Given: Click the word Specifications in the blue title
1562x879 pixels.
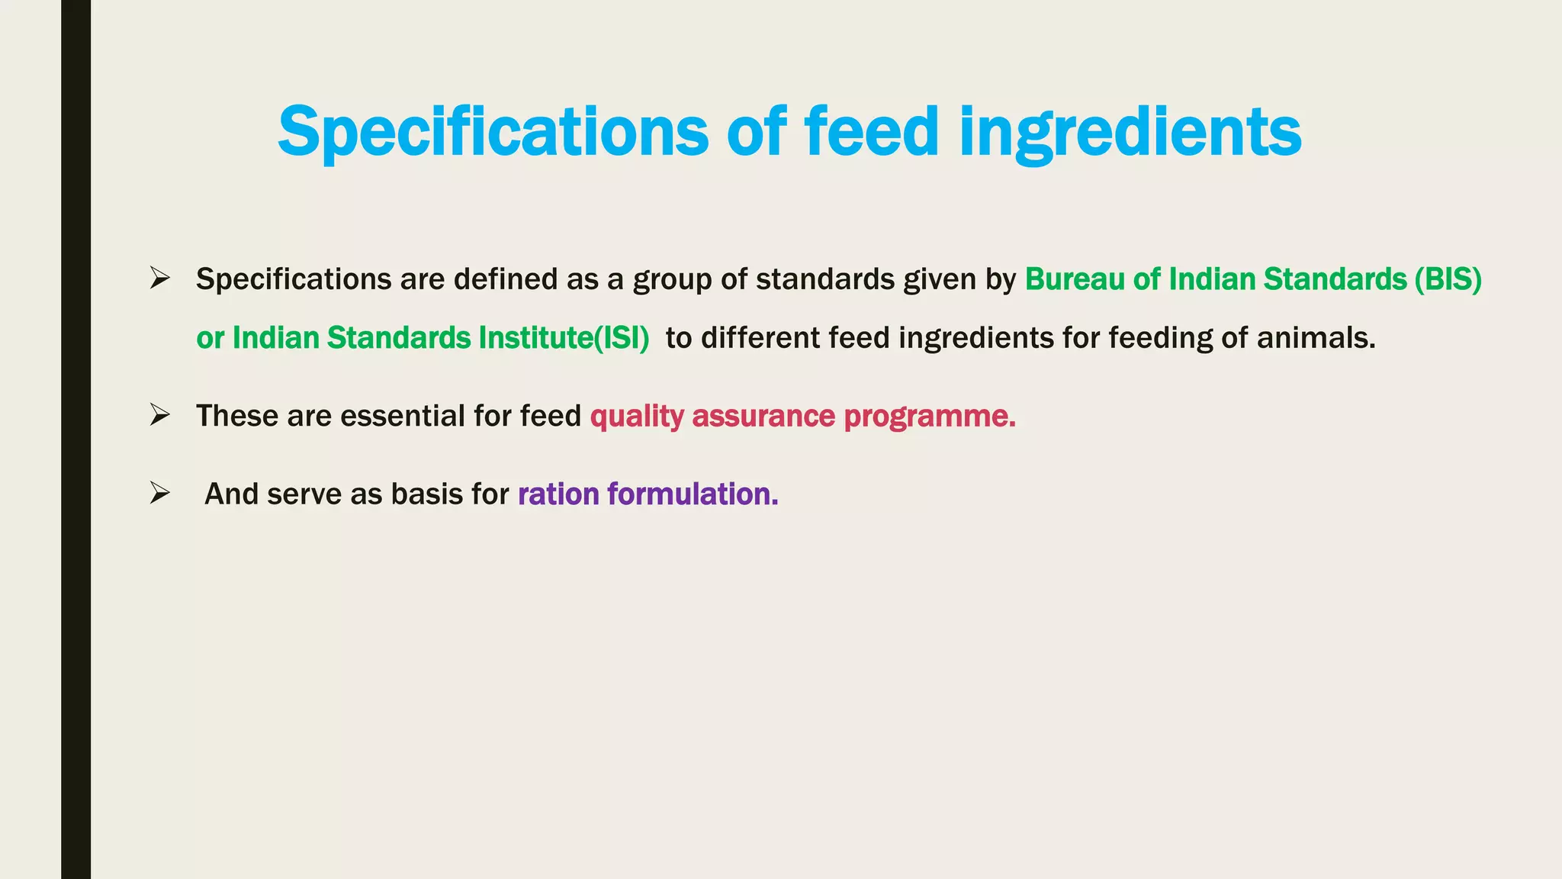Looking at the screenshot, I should tap(493, 131).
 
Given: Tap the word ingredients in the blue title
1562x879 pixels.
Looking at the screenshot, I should tap(1130, 131).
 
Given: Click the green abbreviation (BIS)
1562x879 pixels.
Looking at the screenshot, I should tap(1448, 279).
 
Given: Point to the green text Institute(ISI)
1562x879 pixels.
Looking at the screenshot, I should tap(564, 338).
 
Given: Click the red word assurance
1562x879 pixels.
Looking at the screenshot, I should tap(763, 417).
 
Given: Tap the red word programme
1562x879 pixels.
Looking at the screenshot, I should tap(930, 417).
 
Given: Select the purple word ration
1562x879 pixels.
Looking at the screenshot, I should tap(558, 494).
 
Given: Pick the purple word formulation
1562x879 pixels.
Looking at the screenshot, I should tap(693, 494).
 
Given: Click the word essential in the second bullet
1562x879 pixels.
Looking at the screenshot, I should tap(402, 417).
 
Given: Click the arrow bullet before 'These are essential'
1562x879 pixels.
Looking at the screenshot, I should tap(159, 415).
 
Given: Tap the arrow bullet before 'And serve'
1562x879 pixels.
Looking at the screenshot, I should tap(159, 493).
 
